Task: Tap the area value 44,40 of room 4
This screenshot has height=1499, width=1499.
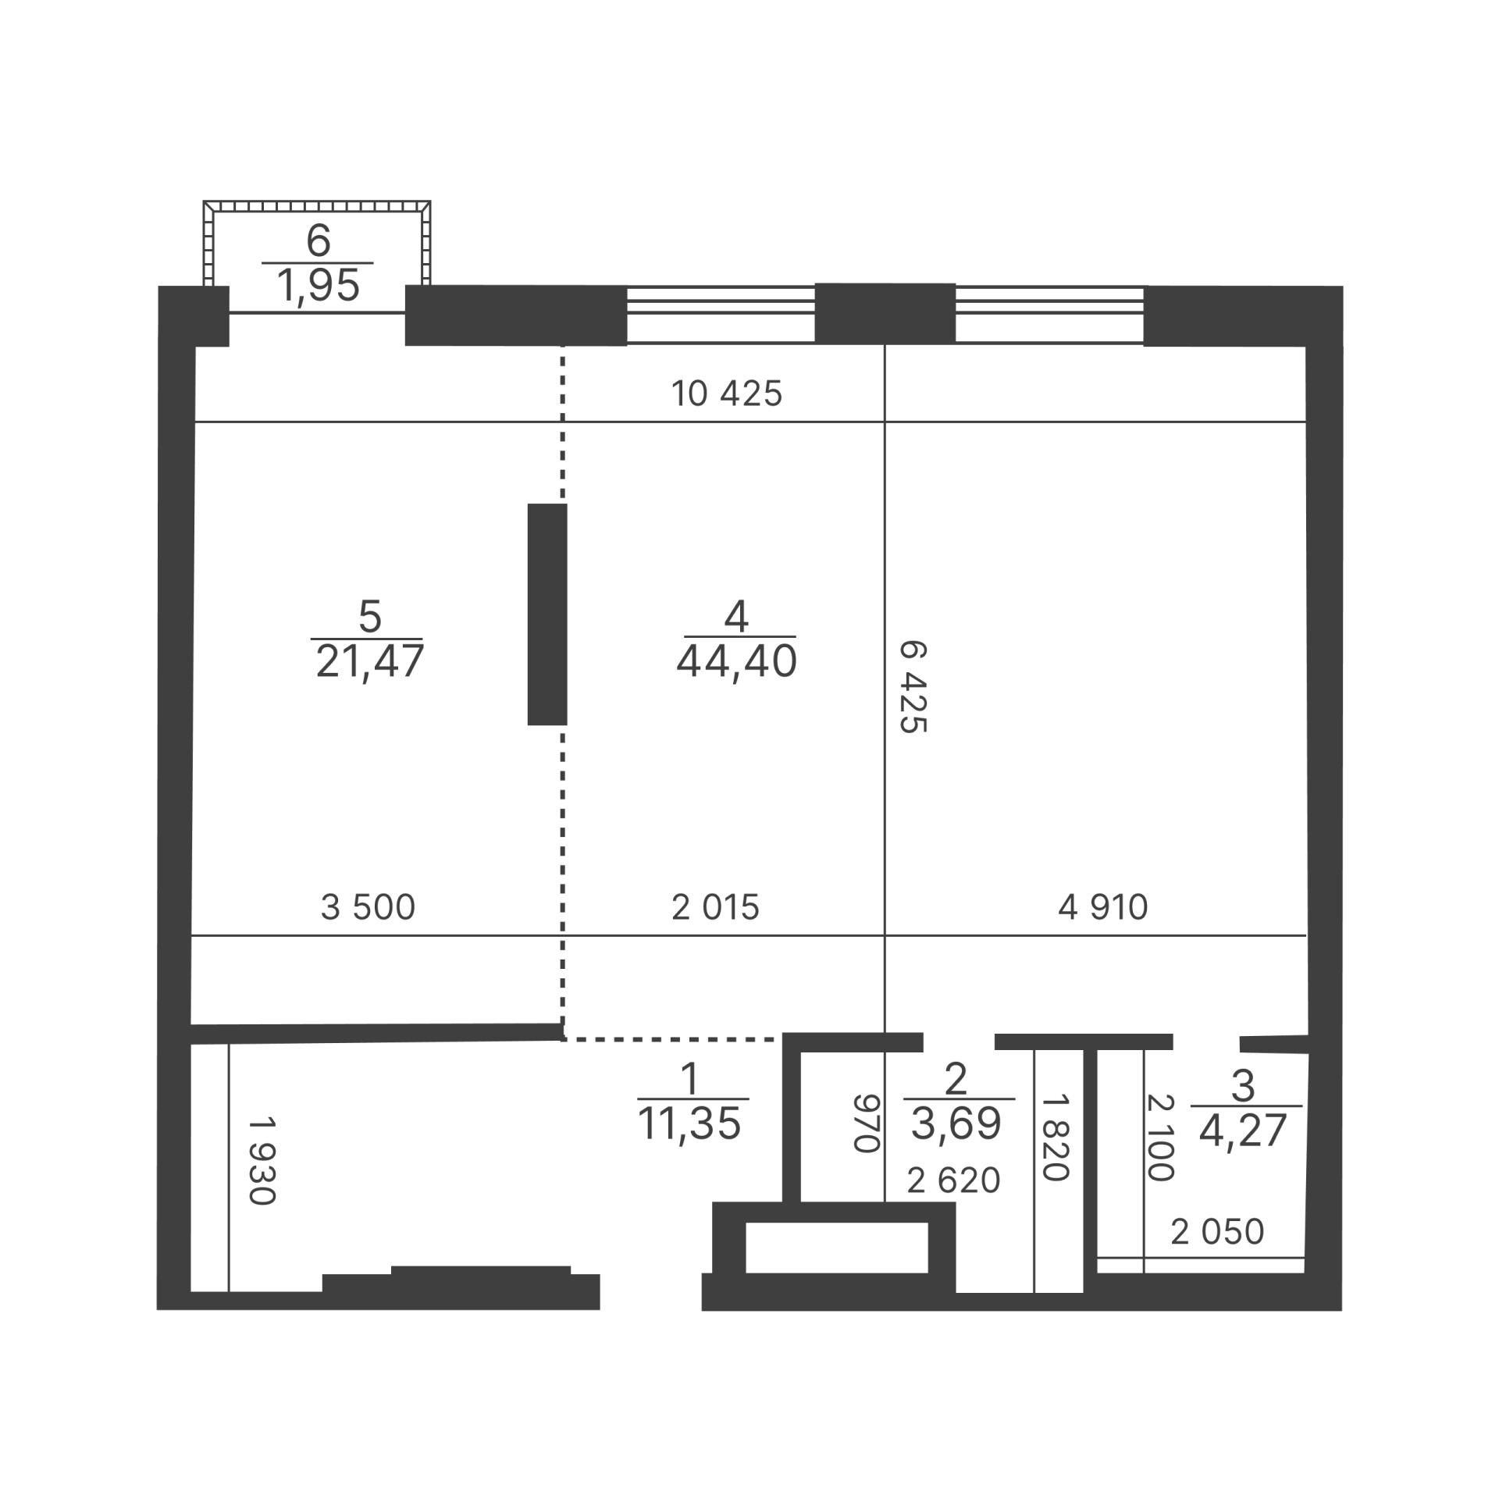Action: click(x=736, y=662)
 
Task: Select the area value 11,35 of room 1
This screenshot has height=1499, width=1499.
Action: click(x=689, y=1125)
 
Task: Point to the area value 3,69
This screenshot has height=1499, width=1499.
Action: click(x=956, y=1124)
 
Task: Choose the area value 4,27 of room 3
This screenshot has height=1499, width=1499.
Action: click(x=1243, y=1131)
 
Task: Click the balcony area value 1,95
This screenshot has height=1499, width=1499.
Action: click(x=318, y=286)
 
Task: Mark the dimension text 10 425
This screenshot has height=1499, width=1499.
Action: click(x=727, y=393)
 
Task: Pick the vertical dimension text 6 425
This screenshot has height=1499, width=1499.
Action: click(x=913, y=687)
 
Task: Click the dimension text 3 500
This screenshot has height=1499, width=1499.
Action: click(x=368, y=907)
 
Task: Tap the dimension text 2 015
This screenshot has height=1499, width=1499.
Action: click(x=715, y=907)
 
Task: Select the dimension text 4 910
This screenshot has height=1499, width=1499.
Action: click(x=1102, y=907)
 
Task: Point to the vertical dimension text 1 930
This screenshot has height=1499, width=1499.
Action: click(x=262, y=1161)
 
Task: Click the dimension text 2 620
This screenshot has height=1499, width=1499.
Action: click(x=953, y=1180)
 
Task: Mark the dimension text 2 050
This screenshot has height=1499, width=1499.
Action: click(x=1217, y=1231)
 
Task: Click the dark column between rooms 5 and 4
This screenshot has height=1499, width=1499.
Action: click(x=547, y=614)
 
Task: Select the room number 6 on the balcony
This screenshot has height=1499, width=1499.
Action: click(x=319, y=240)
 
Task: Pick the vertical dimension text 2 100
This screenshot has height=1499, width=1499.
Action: click(x=1161, y=1138)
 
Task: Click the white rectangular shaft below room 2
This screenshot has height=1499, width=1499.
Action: click(x=836, y=1247)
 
